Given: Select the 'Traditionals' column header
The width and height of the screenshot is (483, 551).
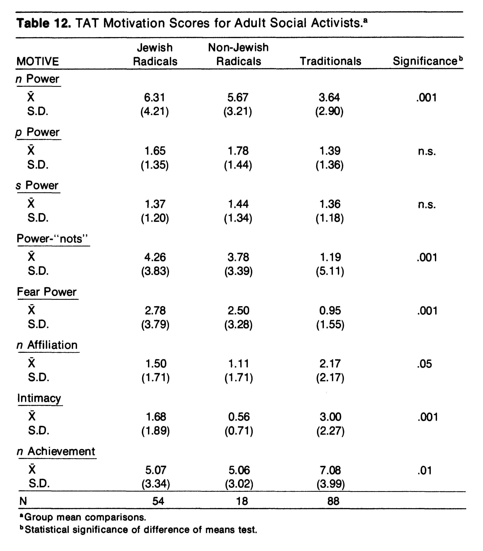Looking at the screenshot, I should (330, 61).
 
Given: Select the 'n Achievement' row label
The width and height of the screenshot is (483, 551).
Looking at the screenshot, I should (56, 451).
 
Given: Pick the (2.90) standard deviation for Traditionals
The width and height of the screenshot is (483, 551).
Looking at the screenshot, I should (329, 111).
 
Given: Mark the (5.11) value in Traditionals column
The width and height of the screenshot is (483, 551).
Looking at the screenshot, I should (330, 271).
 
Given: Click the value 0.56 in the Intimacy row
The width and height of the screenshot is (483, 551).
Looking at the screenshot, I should (239, 417).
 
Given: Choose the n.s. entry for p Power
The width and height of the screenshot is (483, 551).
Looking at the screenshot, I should (427, 152).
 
